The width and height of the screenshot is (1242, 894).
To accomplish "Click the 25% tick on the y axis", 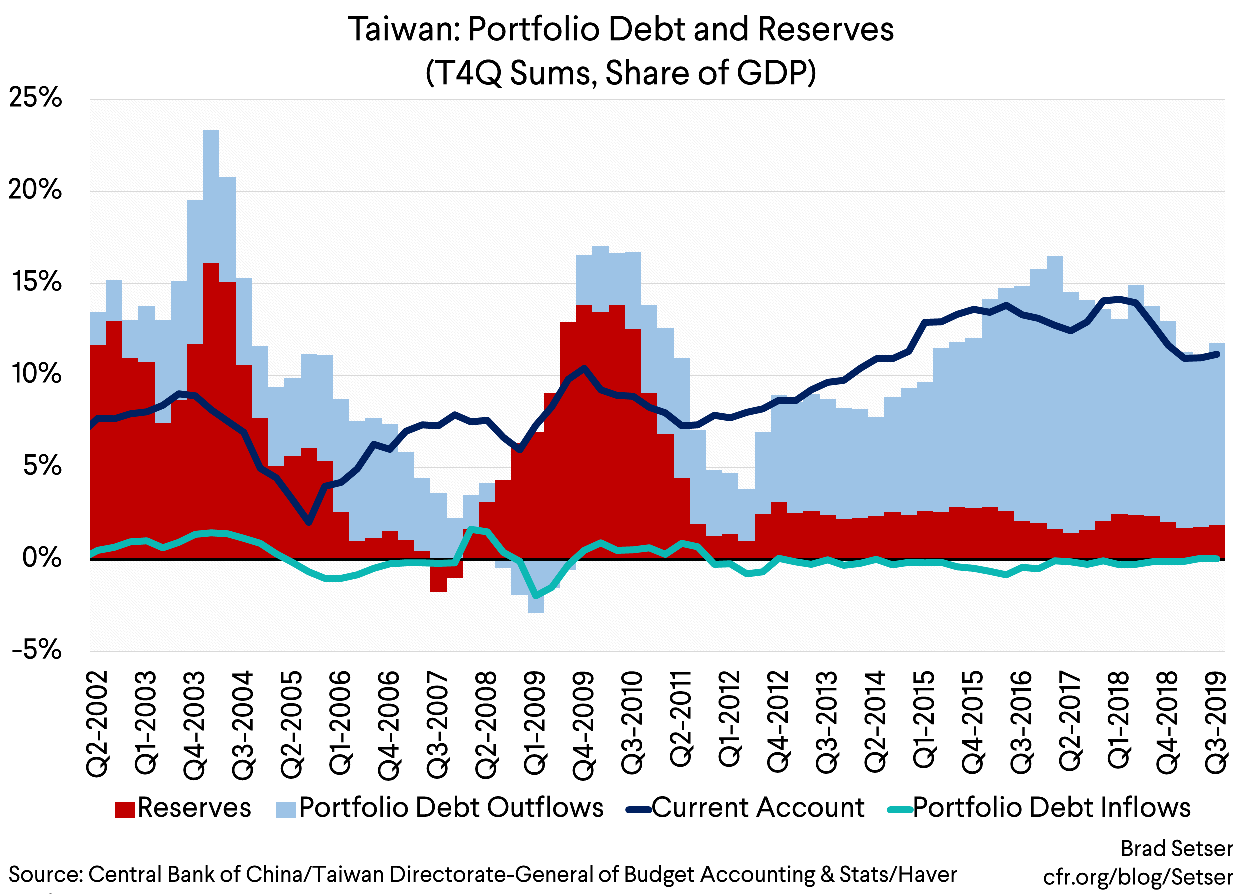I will pyautogui.click(x=35, y=98).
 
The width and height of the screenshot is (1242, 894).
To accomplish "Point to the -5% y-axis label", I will pyautogui.click(x=36, y=650).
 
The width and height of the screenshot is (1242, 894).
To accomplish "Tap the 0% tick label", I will pyautogui.click(x=42, y=558).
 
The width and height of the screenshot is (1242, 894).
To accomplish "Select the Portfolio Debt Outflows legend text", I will pyautogui.click(x=451, y=808).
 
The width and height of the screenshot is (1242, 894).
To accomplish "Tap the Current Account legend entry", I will pyautogui.click(x=757, y=808).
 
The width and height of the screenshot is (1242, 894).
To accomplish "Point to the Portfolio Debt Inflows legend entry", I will pyautogui.click(x=1051, y=808).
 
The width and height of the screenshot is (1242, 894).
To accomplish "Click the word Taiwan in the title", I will pyautogui.click(x=404, y=29).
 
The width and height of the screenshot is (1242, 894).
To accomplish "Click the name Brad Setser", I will pyautogui.click(x=1177, y=849).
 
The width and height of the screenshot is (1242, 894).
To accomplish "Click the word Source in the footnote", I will pyautogui.click(x=44, y=875).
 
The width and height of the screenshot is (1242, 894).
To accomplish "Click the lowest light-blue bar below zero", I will pyautogui.click(x=536, y=605).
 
